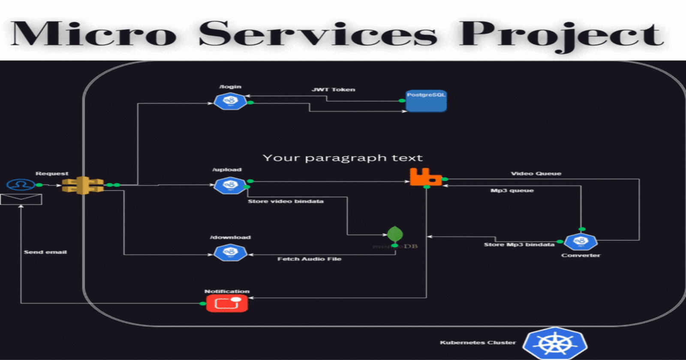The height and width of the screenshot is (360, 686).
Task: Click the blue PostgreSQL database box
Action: [426, 101]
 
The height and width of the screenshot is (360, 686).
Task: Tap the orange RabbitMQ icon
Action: [425, 177]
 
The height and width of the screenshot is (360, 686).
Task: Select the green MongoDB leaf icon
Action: [395, 234]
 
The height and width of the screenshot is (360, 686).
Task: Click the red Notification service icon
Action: [227, 303]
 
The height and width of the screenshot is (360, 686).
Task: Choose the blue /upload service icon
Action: [230, 185]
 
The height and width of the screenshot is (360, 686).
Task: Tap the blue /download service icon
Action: [230, 253]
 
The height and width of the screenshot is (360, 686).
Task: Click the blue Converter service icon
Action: [581, 242]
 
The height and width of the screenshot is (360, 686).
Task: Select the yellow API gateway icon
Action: [83, 185]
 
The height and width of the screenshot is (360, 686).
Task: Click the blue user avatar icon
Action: [21, 185]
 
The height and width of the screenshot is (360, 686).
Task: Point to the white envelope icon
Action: [21, 199]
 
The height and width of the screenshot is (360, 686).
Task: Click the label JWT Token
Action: [333, 90]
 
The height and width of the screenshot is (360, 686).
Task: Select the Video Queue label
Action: [536, 174]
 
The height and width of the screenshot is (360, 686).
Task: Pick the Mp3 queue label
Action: [512, 190]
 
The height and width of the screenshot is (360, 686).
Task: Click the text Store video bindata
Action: [286, 201]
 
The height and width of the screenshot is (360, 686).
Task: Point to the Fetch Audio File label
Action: [309, 259]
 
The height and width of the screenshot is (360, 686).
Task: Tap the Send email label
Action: [45, 252]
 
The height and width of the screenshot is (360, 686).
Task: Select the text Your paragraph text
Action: [343, 158]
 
